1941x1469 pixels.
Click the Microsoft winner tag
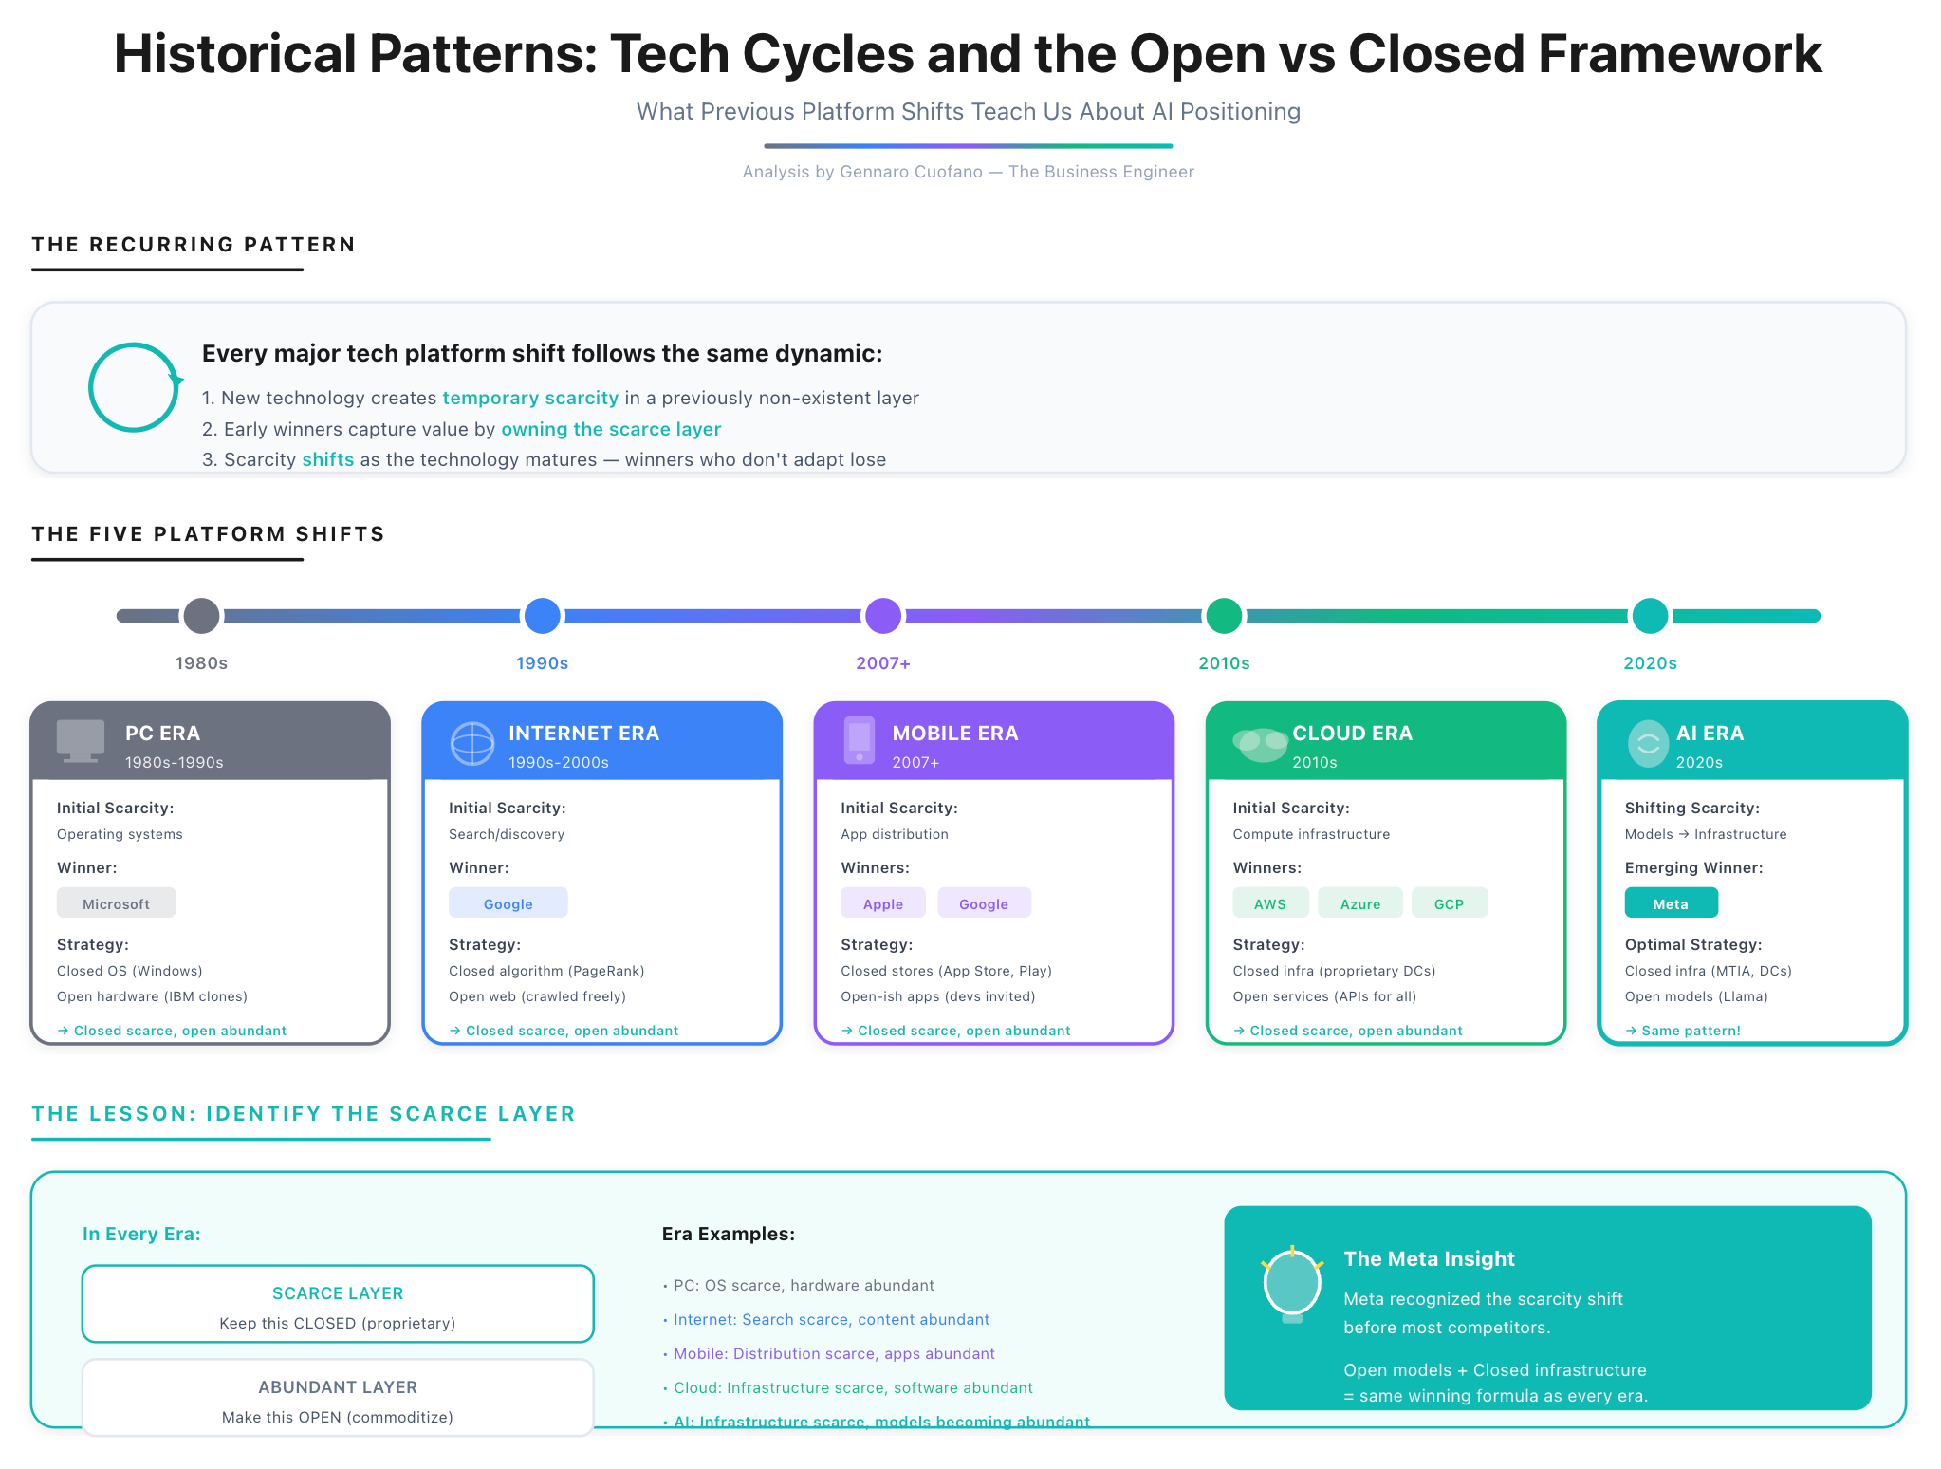(116, 903)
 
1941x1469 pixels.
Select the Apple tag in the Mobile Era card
(882, 903)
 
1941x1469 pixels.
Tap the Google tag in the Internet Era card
(508, 903)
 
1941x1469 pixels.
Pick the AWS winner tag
(1269, 903)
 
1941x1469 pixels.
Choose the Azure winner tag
(1359, 903)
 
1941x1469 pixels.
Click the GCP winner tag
(1449, 903)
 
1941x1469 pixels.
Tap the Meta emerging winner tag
(1670, 903)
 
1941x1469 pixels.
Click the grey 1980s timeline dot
(201, 616)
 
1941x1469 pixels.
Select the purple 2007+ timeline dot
(882, 616)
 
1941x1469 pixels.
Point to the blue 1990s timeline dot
(542, 616)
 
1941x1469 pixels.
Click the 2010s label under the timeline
(1223, 663)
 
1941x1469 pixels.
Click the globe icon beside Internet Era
(471, 743)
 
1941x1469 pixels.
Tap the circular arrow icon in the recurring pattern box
(134, 387)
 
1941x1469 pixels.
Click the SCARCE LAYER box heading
(338, 1293)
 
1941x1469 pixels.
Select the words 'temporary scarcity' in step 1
(530, 399)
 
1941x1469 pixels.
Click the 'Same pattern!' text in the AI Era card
(1691, 1031)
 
